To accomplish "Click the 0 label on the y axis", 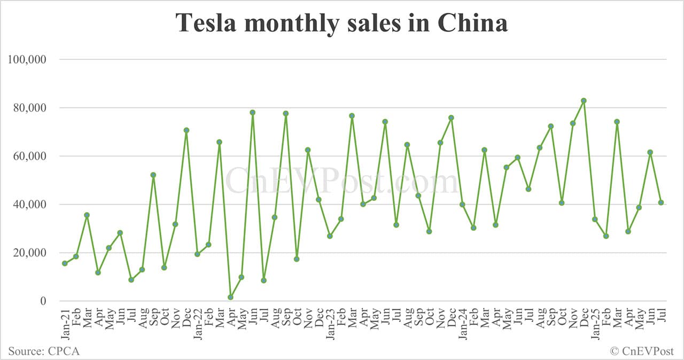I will (44, 301).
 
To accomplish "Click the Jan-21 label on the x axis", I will (65, 323).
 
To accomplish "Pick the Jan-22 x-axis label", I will (197, 323).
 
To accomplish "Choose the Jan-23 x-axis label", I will (330, 323).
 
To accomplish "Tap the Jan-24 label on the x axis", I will (462, 323).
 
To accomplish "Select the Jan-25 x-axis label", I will (595, 323).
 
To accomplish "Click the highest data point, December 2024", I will (584, 100).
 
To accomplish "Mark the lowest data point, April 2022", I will (230, 297).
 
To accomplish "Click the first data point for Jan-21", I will (65, 263).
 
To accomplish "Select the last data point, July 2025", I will (661, 202).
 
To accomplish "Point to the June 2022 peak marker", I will (252, 112).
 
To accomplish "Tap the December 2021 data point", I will (186, 130).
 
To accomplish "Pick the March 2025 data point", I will (617, 121).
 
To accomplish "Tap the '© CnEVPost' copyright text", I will (642, 351).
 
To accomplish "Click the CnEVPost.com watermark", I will (342, 181).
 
